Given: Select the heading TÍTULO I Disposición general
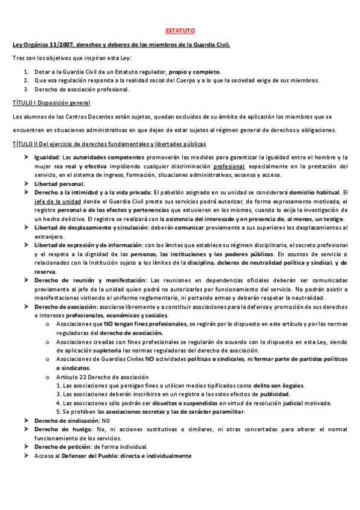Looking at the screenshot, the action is pos(51,103).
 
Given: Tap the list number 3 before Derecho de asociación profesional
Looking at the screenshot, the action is pos(26,90).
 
